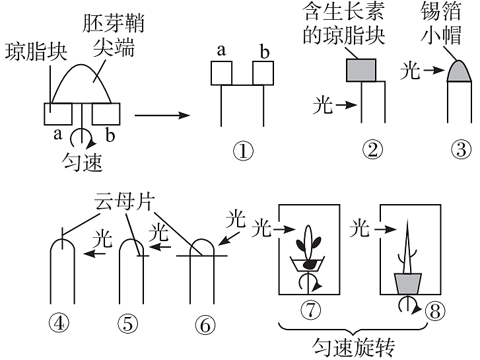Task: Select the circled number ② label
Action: [372, 150]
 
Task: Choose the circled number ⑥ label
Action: [205, 324]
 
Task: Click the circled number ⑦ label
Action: [309, 308]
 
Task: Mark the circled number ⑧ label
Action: [432, 311]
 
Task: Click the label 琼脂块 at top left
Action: [36, 52]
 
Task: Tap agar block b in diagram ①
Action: [263, 73]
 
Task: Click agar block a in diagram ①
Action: [221, 73]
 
